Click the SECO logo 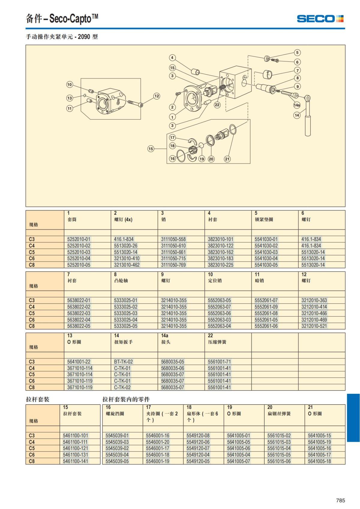tap(320, 19)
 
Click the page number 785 tap(340, 500)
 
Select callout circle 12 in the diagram tap(157, 96)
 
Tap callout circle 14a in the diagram tap(297, 105)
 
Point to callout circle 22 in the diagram tap(217, 105)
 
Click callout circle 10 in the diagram tap(69, 85)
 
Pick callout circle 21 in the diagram tap(227, 159)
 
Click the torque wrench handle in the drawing tap(307, 126)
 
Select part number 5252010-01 tap(79, 239)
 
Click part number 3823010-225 tap(220, 265)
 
